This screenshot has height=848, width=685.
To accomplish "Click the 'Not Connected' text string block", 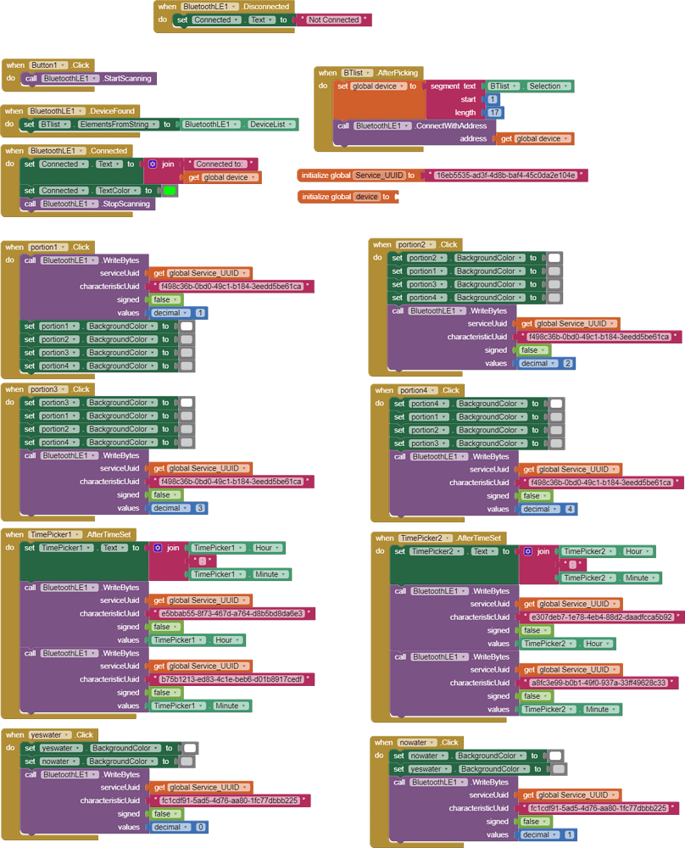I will tap(333, 20).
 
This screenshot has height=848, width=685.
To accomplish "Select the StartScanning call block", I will tap(127, 79).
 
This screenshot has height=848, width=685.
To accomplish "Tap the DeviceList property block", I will tap(271, 125).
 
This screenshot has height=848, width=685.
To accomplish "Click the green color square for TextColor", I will tap(170, 191).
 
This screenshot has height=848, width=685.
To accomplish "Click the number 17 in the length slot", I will tap(495, 113).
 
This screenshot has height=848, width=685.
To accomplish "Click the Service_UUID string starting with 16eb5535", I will tap(505, 176).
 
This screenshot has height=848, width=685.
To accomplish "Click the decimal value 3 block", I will tap(200, 508).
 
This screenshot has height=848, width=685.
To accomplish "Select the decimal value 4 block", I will tap(570, 510).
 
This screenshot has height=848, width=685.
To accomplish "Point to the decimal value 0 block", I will tap(200, 827).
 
